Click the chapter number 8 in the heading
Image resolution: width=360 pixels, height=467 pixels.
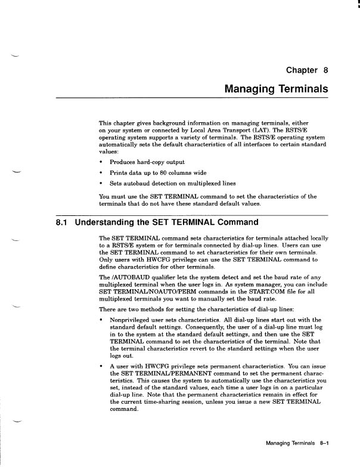coord(325,70)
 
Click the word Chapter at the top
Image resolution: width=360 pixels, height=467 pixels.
coord(302,70)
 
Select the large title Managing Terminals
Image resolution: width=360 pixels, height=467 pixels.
coord(276,89)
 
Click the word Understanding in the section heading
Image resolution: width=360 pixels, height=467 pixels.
coord(111,223)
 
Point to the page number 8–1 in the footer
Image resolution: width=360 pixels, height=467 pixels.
coord(325,444)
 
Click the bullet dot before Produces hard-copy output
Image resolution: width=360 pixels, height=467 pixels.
coord(102,162)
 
